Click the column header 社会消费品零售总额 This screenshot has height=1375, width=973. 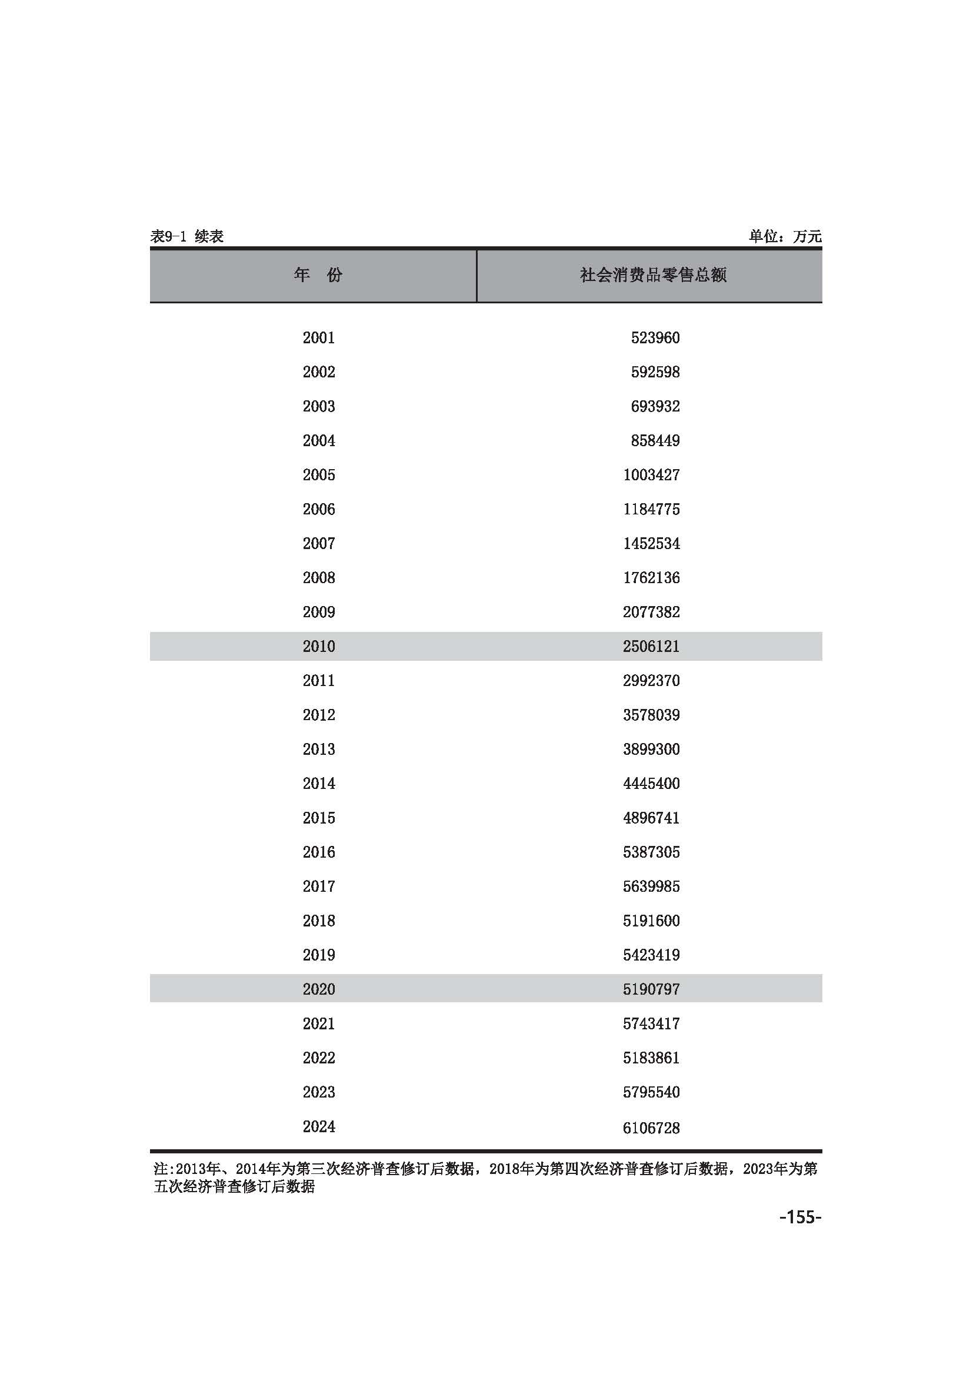652,275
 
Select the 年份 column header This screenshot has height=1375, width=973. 318,275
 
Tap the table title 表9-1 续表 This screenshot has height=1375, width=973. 187,236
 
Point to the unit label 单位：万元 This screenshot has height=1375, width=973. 784,236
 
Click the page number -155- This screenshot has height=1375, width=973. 800,1216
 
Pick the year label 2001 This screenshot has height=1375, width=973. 319,338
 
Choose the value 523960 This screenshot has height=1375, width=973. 655,338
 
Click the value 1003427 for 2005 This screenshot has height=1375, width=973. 651,475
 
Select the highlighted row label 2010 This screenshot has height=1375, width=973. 319,646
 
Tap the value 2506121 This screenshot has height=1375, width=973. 651,646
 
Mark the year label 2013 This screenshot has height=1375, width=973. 319,749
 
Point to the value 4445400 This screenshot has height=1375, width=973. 651,783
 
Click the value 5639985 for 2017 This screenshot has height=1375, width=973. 651,886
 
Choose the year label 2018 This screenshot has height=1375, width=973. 319,921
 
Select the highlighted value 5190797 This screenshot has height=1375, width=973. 651,989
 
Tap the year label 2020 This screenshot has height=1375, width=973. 319,989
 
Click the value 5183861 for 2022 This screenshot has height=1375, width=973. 651,1058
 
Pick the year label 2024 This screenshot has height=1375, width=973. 319,1126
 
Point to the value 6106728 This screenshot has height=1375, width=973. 651,1128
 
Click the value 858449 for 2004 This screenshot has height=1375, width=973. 655,441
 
